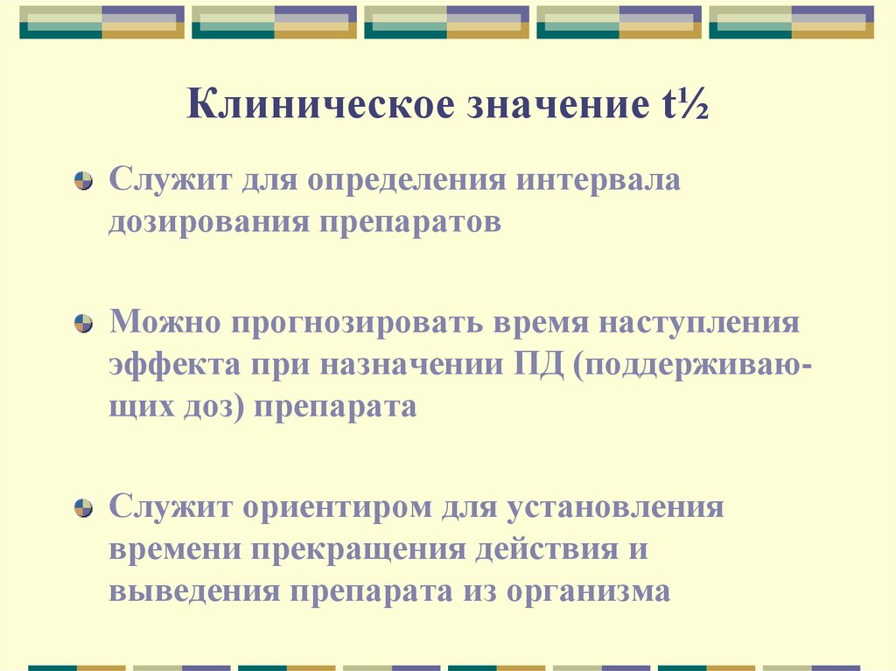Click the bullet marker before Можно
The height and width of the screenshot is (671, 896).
pyautogui.click(x=83, y=324)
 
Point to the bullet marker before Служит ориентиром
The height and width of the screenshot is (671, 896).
pyautogui.click(x=83, y=508)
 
